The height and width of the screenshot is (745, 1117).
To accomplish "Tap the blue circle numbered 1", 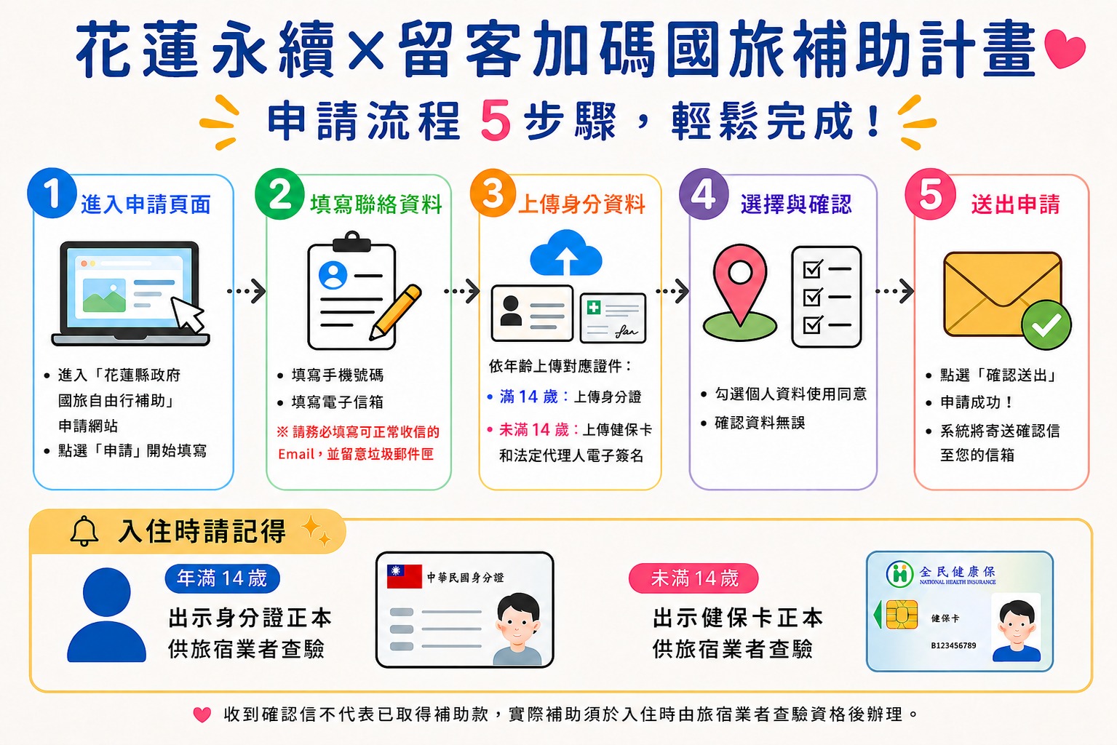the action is click(52, 193).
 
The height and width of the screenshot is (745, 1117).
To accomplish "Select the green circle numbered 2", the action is click(279, 194).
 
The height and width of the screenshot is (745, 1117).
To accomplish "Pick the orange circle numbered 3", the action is click(493, 193).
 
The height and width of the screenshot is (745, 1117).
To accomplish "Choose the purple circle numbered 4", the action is click(704, 194).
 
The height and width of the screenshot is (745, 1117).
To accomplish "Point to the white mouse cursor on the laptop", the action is click(188, 314).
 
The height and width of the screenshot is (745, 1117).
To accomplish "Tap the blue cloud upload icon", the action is click(566, 253).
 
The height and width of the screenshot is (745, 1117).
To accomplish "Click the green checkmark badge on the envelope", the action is click(1046, 325).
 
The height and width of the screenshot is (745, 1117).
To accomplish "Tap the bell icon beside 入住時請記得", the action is click(84, 531).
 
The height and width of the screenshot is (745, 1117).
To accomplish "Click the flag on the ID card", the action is click(405, 577).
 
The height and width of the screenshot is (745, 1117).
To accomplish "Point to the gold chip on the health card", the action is click(902, 615).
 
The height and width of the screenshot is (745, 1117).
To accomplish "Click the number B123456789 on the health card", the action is click(953, 646).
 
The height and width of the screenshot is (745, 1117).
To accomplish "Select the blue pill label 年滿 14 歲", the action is click(223, 578).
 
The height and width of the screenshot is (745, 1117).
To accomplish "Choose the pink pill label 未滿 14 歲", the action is click(693, 578).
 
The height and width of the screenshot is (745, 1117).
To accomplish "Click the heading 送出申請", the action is click(1015, 204).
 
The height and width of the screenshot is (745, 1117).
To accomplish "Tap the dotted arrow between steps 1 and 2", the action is click(247, 291).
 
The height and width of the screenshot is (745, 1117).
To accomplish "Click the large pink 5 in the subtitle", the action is click(496, 120).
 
